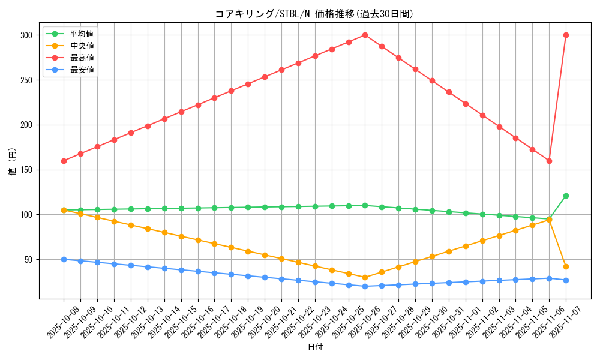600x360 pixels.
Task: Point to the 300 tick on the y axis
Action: tap(28, 35)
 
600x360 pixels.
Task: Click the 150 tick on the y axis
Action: tap(28, 170)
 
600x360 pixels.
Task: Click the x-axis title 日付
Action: tap(314, 347)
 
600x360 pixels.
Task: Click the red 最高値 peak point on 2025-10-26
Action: tap(365, 35)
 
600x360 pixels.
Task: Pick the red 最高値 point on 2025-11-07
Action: tap(566, 35)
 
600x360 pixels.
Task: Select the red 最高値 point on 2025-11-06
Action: tap(549, 161)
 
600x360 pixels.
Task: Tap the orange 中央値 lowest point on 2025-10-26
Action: tap(365, 277)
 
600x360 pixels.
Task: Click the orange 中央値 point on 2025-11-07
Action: tap(566, 266)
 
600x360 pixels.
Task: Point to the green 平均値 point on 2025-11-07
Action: tap(566, 196)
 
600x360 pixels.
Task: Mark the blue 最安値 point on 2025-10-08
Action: tap(64, 259)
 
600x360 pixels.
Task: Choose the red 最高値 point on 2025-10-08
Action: tap(64, 161)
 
